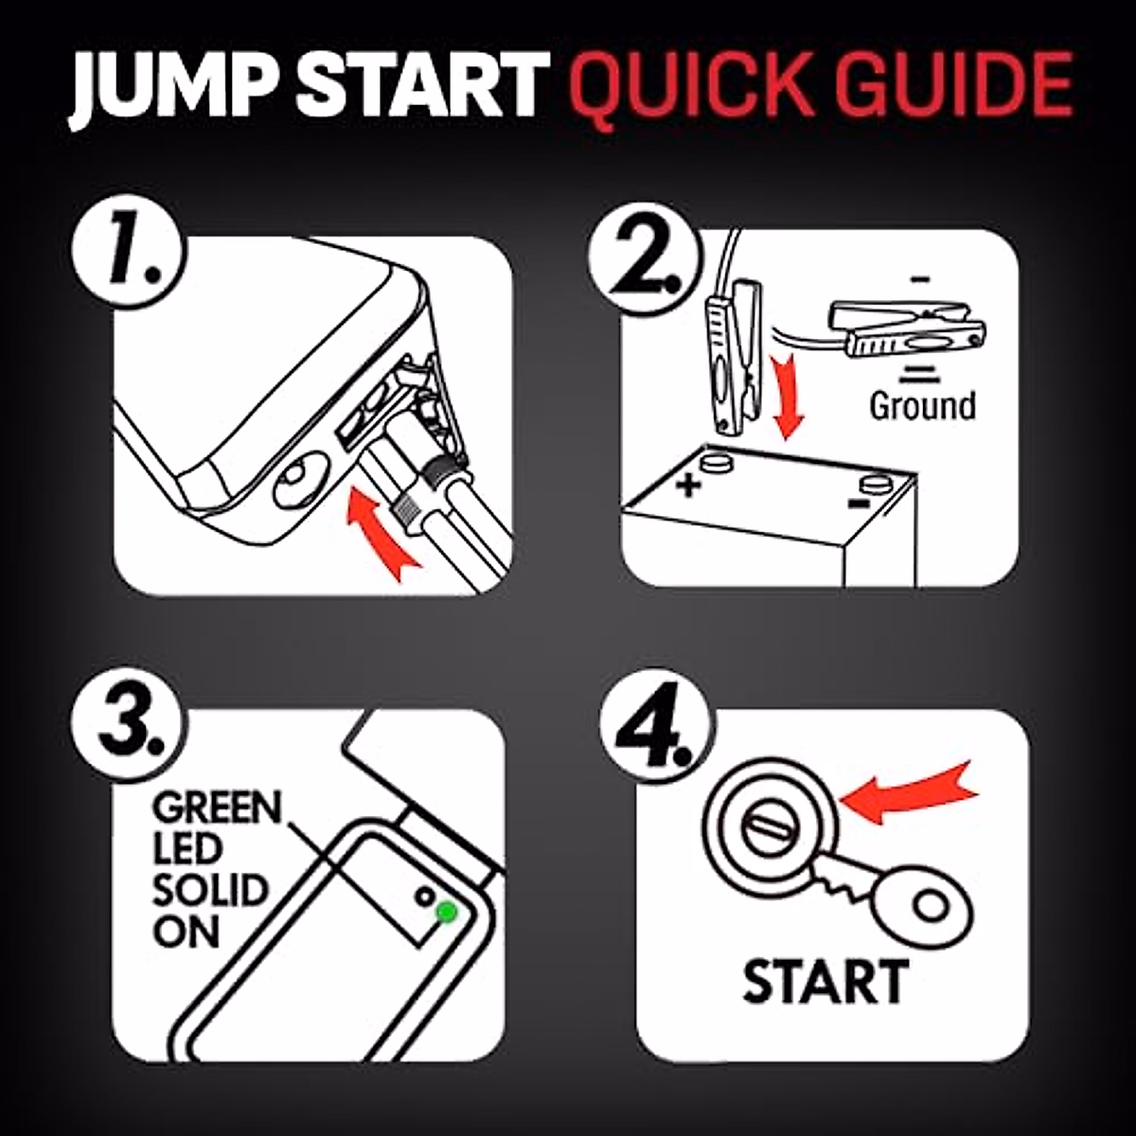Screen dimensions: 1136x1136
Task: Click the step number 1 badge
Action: click(128, 253)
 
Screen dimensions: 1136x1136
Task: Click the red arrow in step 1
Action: click(378, 529)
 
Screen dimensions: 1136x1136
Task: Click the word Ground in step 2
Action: click(923, 406)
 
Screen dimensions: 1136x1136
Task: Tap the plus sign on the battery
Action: click(687, 486)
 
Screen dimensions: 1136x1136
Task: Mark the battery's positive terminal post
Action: click(716, 460)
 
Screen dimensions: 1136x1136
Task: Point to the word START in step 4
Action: click(825, 981)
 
